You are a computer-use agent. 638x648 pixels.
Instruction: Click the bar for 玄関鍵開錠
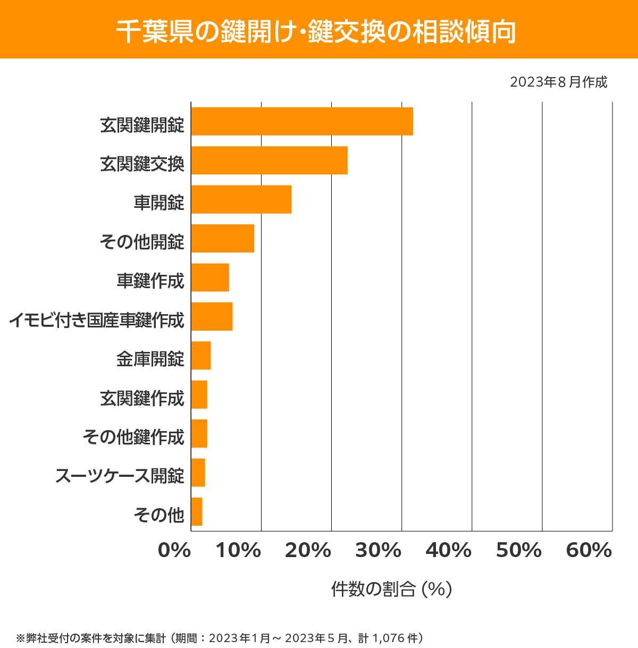tap(302, 121)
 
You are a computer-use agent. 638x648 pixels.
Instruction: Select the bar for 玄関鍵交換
tap(269, 160)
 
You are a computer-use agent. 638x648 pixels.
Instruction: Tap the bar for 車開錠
tap(241, 199)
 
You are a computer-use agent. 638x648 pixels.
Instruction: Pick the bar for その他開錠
tap(222, 238)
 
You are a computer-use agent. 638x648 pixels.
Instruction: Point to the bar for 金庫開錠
tap(201, 355)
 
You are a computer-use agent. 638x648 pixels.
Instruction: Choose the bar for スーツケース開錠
tap(198, 472)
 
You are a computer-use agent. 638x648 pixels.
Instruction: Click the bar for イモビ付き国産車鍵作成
tap(212, 316)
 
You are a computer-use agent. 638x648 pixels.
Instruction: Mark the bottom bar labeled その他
tap(197, 511)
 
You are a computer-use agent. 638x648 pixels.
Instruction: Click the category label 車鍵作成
tap(150, 281)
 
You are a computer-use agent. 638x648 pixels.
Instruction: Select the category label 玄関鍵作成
tap(142, 398)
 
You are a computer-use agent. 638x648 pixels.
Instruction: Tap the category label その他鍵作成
tap(133, 437)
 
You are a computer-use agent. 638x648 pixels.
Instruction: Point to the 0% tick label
tap(174, 551)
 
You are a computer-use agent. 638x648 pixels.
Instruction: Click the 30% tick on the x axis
tap(378, 551)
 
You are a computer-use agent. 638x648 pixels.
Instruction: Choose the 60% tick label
tap(589, 551)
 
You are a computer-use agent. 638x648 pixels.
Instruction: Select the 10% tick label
tap(238, 551)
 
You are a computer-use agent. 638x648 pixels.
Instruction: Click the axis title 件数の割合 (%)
tap(391, 589)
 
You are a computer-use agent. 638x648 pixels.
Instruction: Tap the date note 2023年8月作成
tap(558, 82)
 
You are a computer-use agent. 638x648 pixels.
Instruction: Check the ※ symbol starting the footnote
tap(21, 638)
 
